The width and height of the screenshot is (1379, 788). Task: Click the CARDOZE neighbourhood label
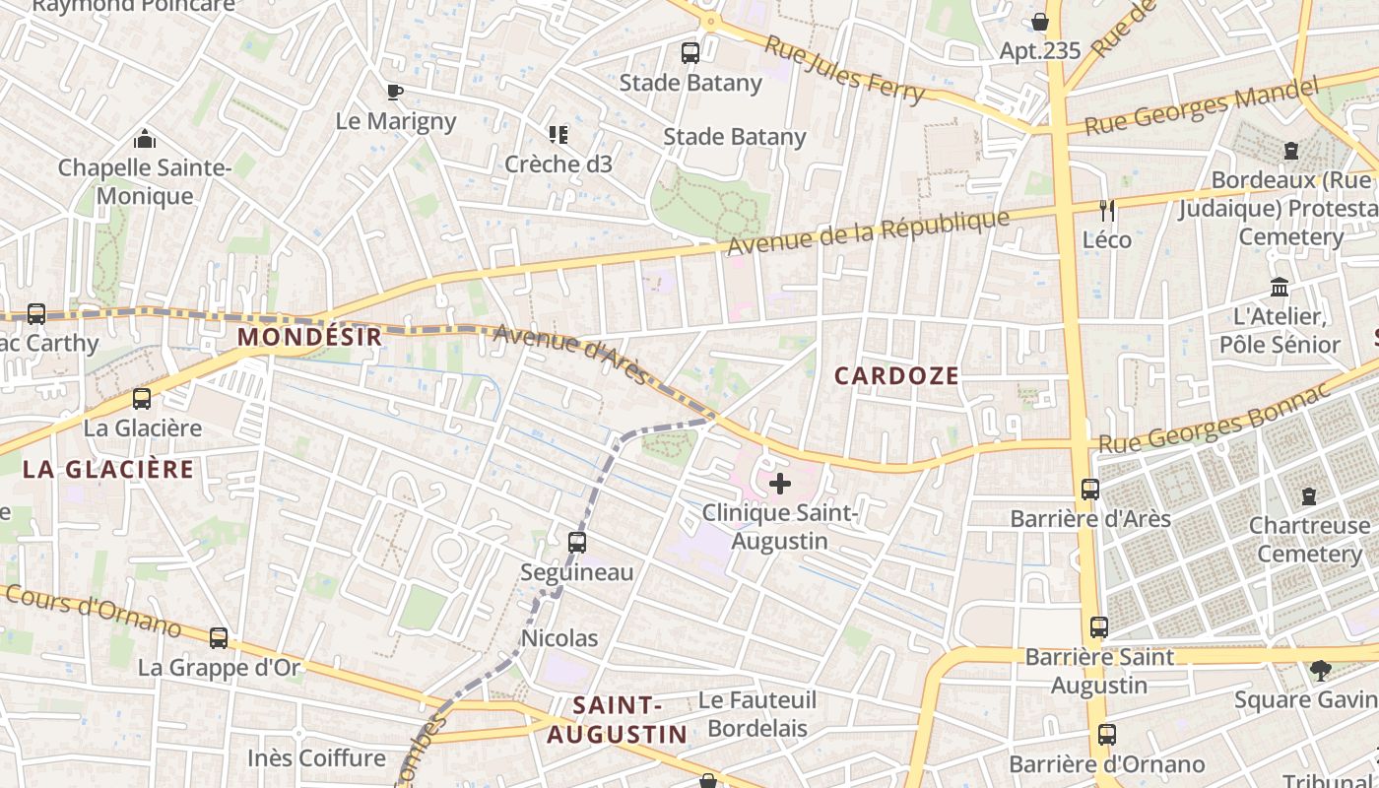[896, 375]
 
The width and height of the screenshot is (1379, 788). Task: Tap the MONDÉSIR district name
[309, 337]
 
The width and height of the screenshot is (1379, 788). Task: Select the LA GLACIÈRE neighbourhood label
[108, 469]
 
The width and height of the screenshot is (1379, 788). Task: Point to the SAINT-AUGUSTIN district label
[618, 719]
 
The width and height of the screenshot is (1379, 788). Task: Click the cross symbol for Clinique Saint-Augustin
[780, 484]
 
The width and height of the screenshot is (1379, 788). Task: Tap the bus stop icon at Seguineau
[577, 542]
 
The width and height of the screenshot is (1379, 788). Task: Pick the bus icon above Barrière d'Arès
[1090, 490]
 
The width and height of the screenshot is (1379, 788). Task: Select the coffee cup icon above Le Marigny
[395, 93]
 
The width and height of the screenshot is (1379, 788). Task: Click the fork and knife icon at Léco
[1107, 210]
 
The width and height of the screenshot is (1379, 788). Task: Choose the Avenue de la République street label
[870, 233]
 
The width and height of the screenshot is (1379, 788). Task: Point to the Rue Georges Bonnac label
[1214, 418]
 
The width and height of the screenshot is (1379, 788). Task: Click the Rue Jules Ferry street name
[845, 70]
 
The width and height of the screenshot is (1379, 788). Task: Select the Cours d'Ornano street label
[94, 611]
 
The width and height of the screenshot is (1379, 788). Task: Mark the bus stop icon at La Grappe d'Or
[219, 638]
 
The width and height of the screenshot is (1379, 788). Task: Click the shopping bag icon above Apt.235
[1040, 22]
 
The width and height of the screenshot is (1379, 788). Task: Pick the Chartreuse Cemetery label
[1309, 539]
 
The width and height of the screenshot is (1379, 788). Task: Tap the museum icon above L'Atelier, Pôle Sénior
[1280, 288]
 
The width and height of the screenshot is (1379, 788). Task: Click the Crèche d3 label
[558, 164]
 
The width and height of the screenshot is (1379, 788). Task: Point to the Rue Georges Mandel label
[1201, 106]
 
